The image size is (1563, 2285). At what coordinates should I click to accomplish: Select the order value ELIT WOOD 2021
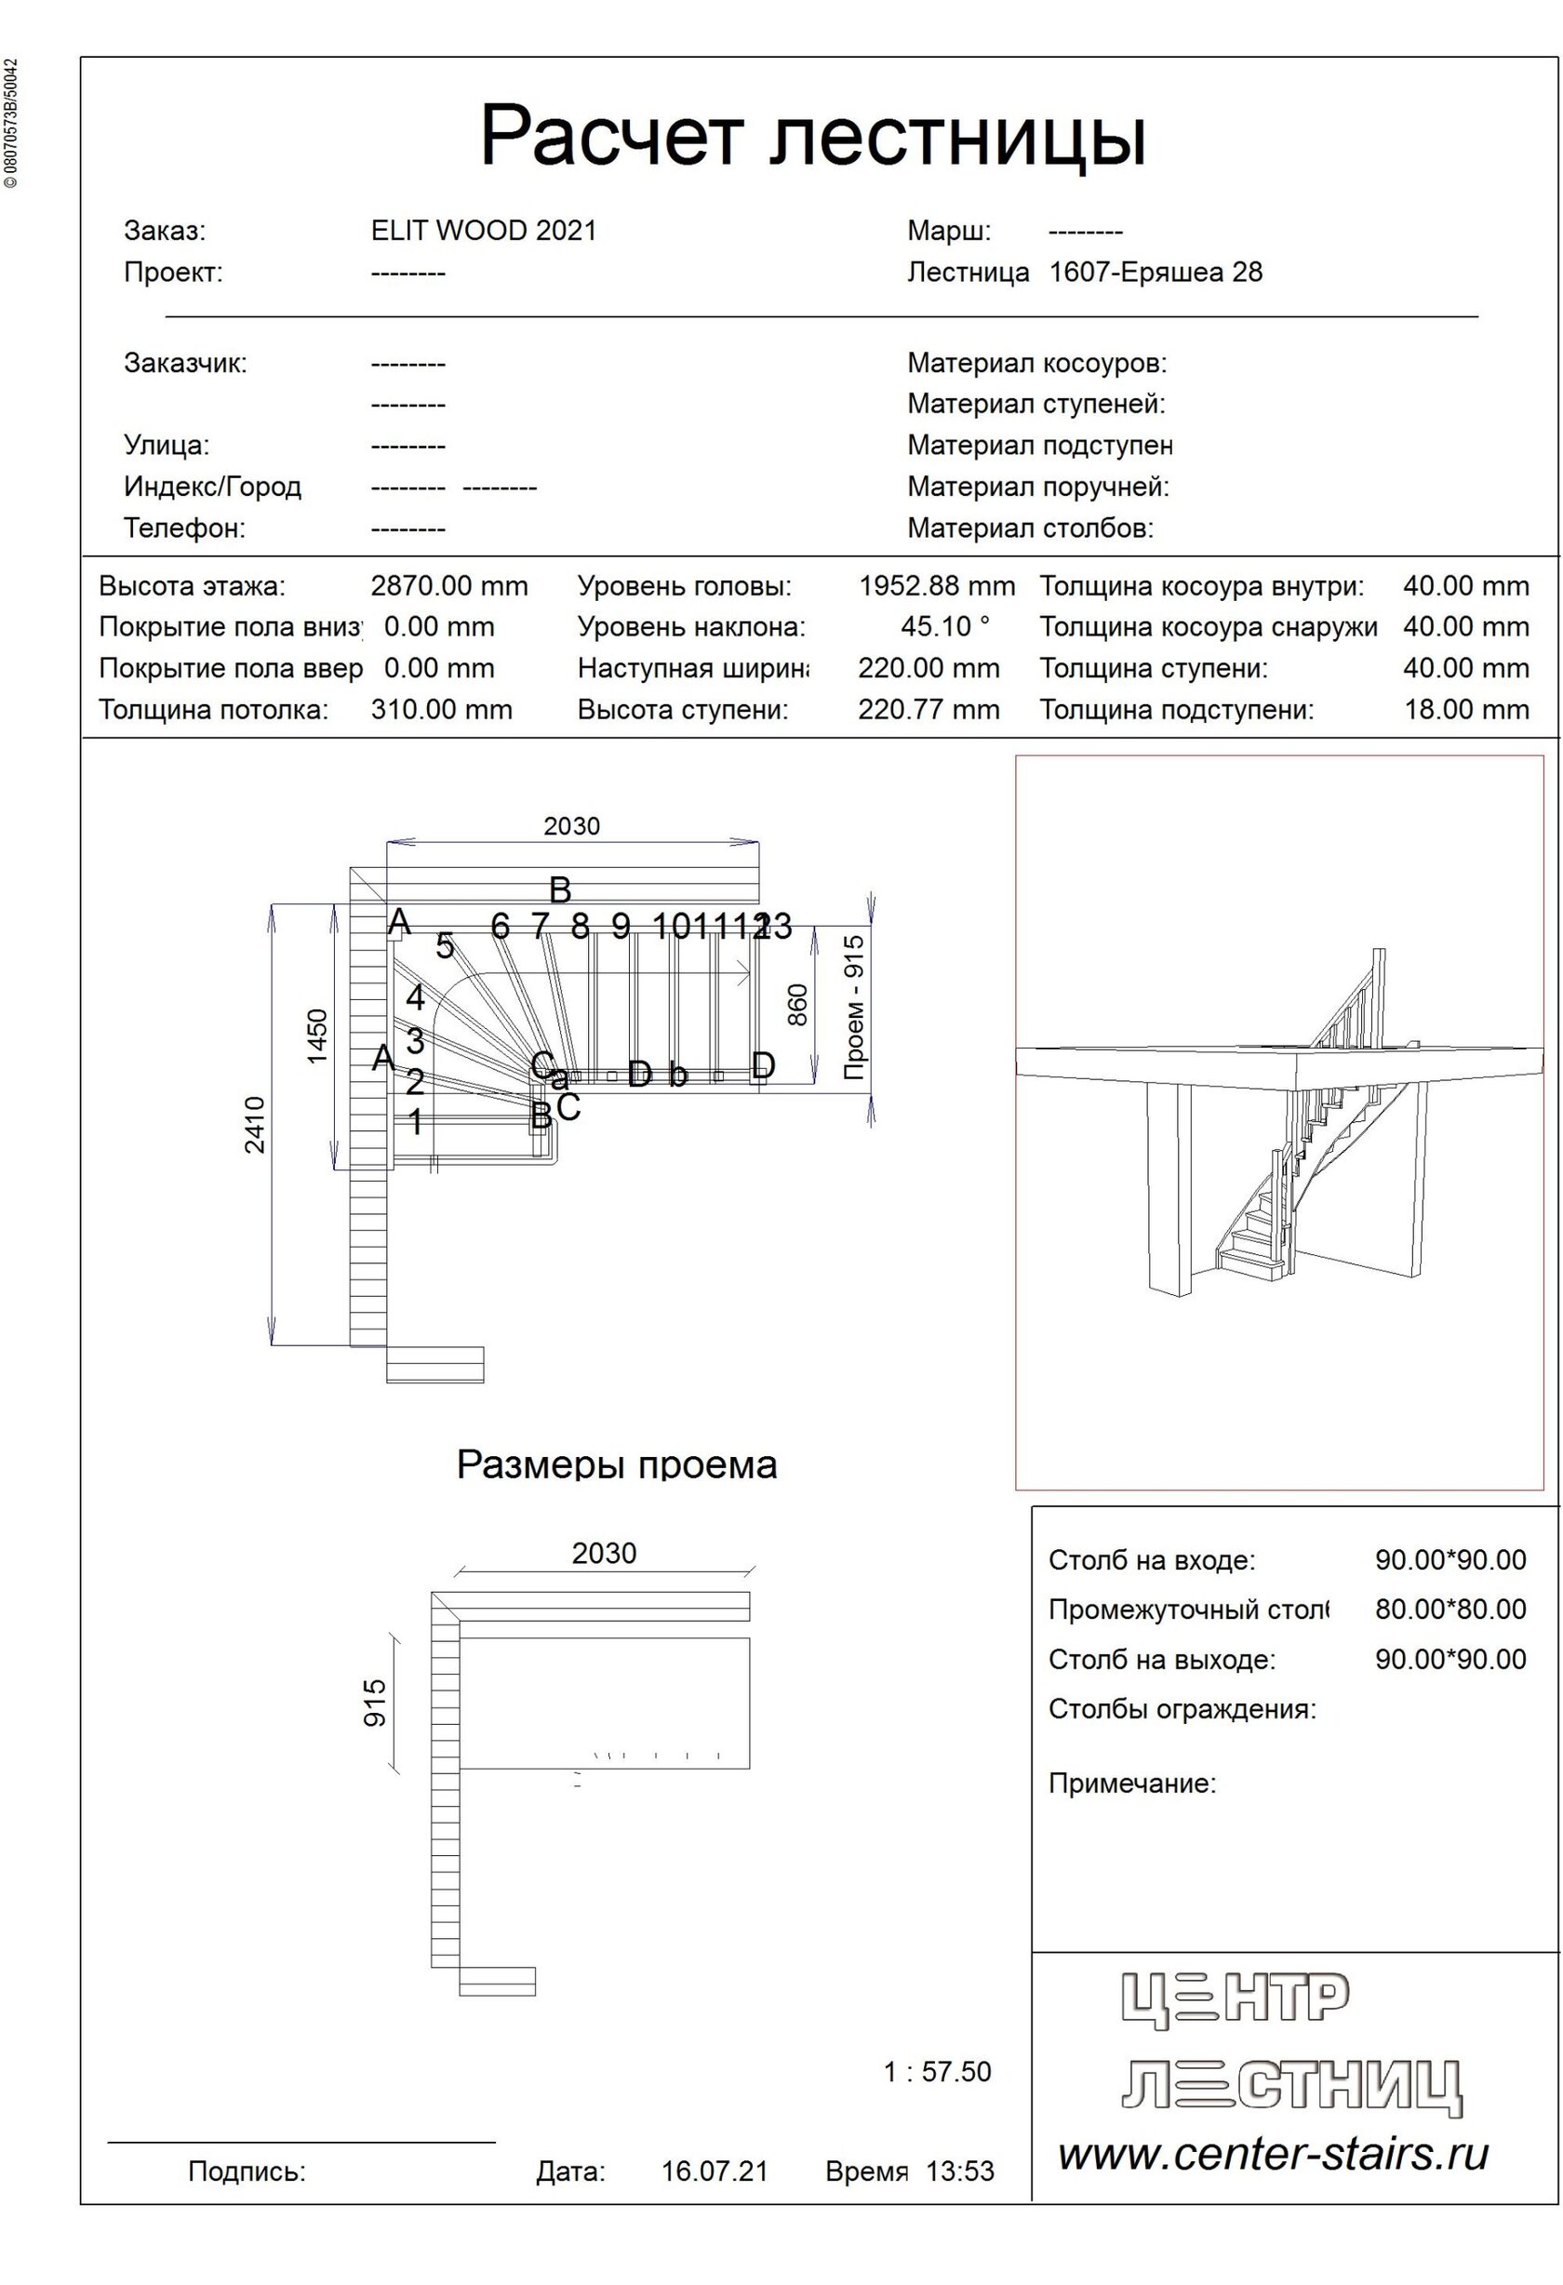(x=484, y=230)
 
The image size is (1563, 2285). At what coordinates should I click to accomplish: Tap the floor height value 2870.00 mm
(x=449, y=586)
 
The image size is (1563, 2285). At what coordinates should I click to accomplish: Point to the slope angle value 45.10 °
(x=944, y=626)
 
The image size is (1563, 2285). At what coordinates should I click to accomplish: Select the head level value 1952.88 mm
(x=936, y=586)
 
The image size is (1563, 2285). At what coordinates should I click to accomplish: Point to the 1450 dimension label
(x=316, y=1036)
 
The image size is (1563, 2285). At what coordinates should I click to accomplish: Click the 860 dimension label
(x=797, y=1004)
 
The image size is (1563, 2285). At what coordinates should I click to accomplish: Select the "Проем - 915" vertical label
(x=853, y=1007)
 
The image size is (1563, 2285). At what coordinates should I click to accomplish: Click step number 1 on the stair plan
(x=415, y=1122)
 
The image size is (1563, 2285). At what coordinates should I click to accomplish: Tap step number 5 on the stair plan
(x=445, y=947)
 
